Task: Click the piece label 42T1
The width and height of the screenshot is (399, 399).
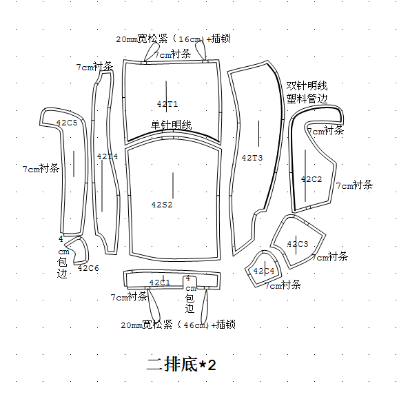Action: coord(167,104)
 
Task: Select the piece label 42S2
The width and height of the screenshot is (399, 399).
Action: coord(162,205)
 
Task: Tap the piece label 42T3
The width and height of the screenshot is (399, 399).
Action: coord(252,158)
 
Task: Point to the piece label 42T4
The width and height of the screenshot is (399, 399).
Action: coord(108,156)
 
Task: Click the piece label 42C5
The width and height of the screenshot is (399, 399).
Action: coord(67,123)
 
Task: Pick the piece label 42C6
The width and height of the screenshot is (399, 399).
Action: coord(88,268)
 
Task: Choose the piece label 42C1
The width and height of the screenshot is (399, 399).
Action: coord(160,283)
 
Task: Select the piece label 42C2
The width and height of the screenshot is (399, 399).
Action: coord(311,179)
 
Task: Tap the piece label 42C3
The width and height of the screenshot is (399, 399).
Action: coord(298,244)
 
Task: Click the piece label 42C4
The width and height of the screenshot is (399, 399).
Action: coord(264,271)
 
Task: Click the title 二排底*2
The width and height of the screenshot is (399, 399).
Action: coord(181,365)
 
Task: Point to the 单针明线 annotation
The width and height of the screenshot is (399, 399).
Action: coord(172,125)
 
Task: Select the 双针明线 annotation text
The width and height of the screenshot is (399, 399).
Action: coord(307,86)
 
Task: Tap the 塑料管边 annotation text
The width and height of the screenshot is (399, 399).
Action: coord(307,99)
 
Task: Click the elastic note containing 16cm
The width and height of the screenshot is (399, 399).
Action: coord(173,39)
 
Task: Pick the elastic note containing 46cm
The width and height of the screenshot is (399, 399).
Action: coord(178,325)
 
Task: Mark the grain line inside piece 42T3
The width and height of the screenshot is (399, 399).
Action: coord(259,134)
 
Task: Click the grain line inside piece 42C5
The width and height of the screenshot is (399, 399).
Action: coord(74,164)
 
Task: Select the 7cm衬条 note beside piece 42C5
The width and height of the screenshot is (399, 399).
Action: coord(41,169)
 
